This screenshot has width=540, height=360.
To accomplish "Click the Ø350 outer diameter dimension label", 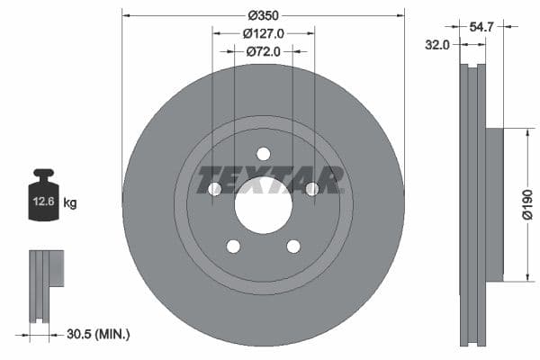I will (x=263, y=15).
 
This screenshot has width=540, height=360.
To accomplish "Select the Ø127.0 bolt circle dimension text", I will (x=263, y=33).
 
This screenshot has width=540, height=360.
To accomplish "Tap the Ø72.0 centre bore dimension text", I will (x=263, y=52).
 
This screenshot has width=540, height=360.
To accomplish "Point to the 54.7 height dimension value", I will (x=482, y=28).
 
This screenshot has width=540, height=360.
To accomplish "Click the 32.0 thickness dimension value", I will (x=438, y=44).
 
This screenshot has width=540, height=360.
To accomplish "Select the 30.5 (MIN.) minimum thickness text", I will (x=98, y=334).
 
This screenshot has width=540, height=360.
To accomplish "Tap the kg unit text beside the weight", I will (x=70, y=203).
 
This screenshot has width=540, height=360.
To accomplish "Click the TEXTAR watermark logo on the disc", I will (x=270, y=180).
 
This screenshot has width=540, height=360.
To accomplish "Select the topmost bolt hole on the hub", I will (x=263, y=153).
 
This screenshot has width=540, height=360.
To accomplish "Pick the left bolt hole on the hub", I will (x=214, y=189).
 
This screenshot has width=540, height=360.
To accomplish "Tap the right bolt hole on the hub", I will (x=311, y=189).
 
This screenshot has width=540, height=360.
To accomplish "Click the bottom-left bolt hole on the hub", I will (x=233, y=246).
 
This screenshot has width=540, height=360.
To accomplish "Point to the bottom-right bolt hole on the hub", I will (x=292, y=246).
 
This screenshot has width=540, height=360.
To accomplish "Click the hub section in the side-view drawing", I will (x=493, y=203).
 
